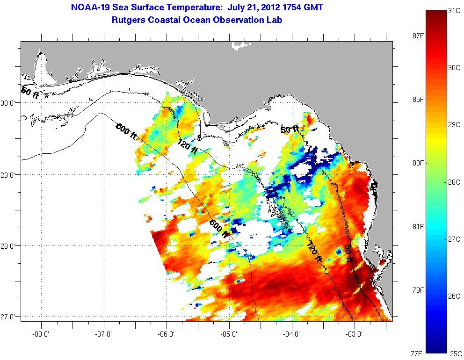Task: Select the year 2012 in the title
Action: point(265,7)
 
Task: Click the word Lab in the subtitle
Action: point(275,20)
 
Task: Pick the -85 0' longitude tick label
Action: point(230,334)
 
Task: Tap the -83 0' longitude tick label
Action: point(355,334)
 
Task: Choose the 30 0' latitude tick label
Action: point(10,103)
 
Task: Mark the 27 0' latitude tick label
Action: point(10,317)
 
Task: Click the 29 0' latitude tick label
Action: point(10,175)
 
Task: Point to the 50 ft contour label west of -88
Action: point(29,93)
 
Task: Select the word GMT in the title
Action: point(312,7)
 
